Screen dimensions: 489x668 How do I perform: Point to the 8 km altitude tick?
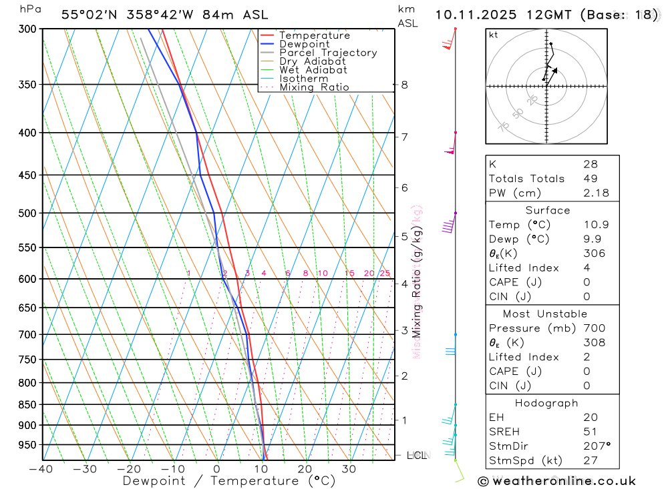pyautogui.click(x=404, y=85)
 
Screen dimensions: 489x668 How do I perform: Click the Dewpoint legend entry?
pyautogui.click(x=304, y=44)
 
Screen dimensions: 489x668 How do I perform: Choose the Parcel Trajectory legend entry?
pyautogui.click(x=328, y=53)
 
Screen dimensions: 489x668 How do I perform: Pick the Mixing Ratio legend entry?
pyautogui.click(x=314, y=87)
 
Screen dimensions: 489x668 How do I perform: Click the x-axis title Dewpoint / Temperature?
pyautogui.click(x=229, y=481)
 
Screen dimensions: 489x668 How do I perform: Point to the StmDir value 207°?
pyautogui.click(x=596, y=446)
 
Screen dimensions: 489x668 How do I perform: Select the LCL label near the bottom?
pyautogui.click(x=416, y=456)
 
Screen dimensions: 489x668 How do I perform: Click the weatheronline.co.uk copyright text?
pyautogui.click(x=557, y=481)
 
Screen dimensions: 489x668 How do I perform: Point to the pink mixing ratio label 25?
pyautogui.click(x=385, y=274)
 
